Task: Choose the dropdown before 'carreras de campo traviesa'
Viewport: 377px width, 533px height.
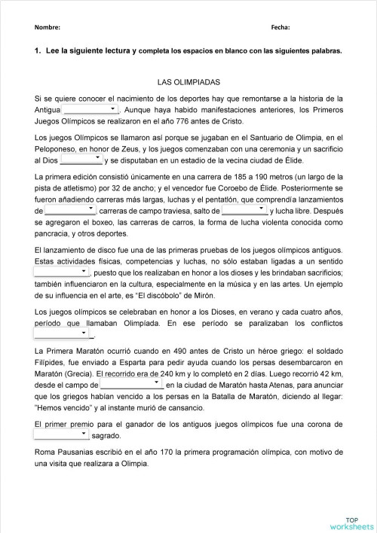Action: [70, 212]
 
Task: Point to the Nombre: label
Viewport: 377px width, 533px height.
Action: [48, 27]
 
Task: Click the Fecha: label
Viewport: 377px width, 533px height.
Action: [280, 27]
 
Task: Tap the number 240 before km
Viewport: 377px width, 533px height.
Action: [180, 374]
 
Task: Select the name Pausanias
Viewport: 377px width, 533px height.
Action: [79, 452]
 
